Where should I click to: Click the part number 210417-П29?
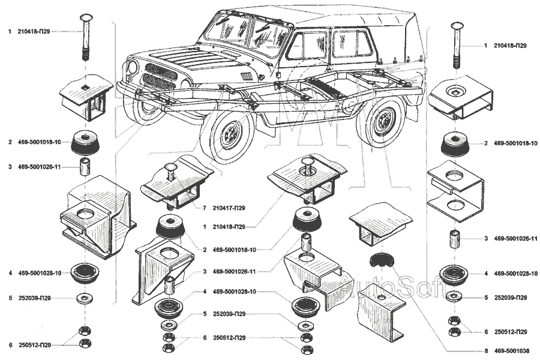tap(232, 208)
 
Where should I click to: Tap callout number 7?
tap(204, 208)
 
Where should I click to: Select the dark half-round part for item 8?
tap(380, 259)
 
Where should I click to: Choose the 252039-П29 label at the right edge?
tap(511, 298)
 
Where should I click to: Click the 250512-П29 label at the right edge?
tap(511, 332)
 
